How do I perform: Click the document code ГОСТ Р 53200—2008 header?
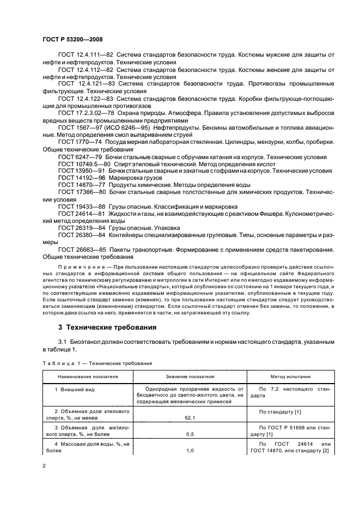point(72,40)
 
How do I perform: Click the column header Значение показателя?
point(190,377)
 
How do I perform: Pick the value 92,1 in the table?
point(191,417)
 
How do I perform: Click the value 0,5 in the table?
point(191,434)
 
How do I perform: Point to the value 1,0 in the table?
point(191,451)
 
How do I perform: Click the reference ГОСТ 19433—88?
point(80,206)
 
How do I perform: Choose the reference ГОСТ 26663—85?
point(80,249)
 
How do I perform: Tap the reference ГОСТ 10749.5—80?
point(83,163)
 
